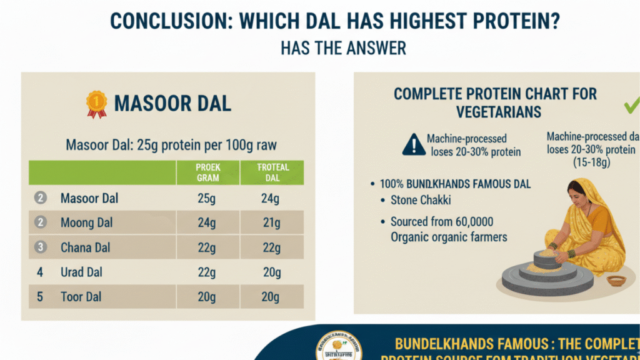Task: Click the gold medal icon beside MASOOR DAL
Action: click(96, 104)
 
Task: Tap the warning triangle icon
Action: click(414, 144)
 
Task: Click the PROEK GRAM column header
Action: click(207, 172)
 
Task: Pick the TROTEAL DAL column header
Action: click(273, 172)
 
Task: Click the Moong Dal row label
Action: click(86, 223)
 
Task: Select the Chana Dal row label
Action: click(86, 247)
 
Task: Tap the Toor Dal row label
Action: click(81, 297)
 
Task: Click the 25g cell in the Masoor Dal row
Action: click(207, 199)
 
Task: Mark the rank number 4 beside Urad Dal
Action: click(40, 272)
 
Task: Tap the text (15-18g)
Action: click(591, 162)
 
